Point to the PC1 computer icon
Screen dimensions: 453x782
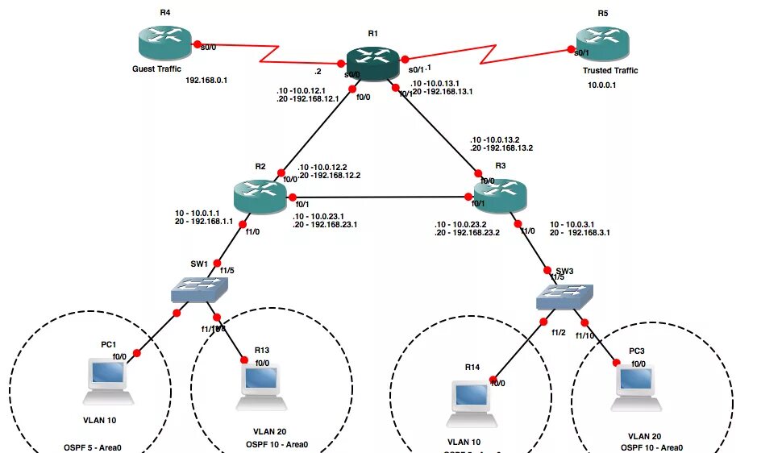107,380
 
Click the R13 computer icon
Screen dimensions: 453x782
260,384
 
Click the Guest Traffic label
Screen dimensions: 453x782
156,69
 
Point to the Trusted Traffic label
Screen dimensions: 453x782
610,71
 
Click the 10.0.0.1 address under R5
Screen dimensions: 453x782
601,85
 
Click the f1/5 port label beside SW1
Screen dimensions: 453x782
227,270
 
